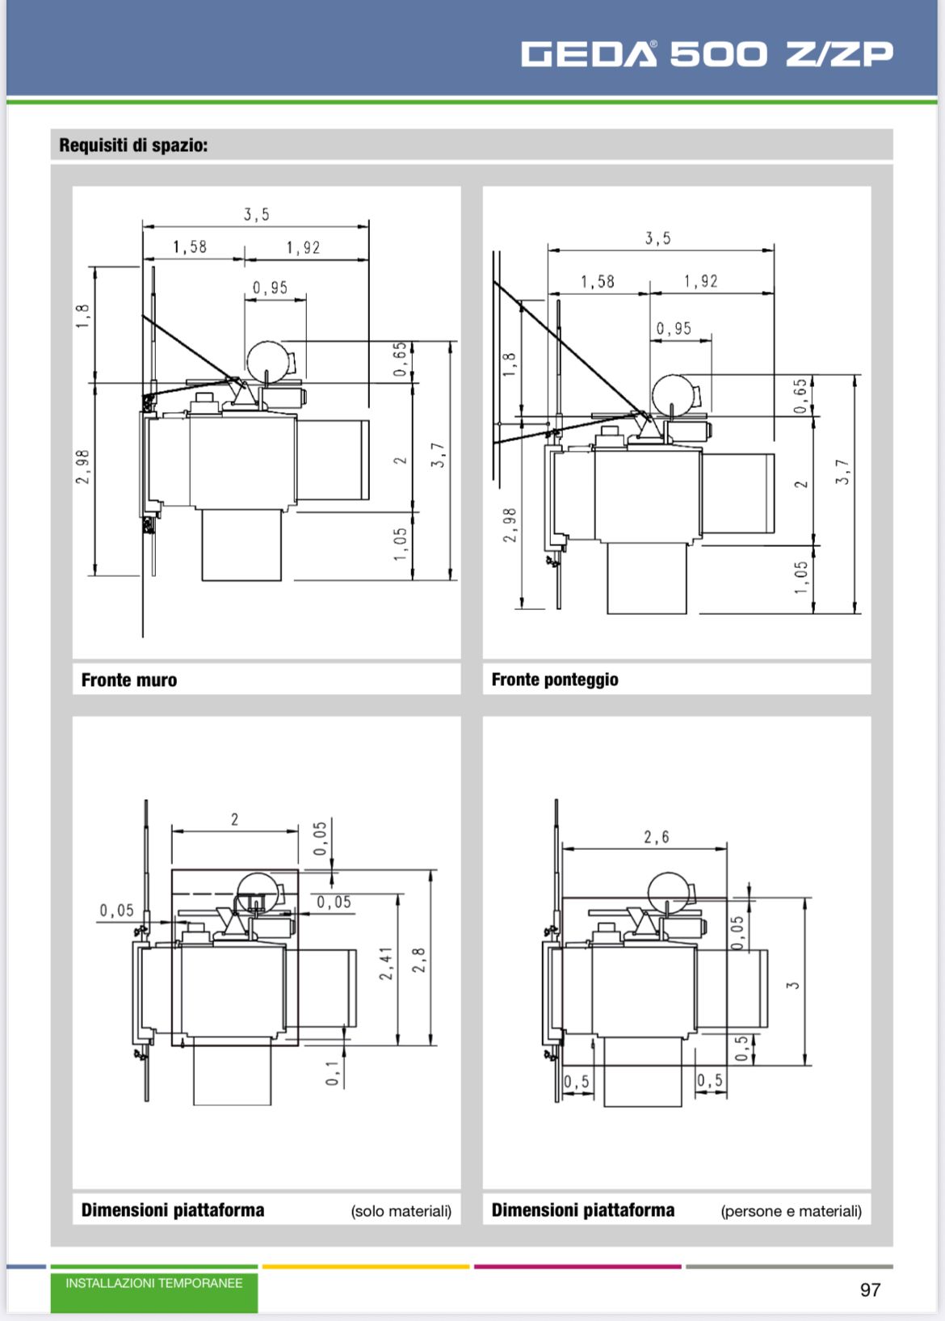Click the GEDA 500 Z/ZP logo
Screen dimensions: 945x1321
click(x=707, y=53)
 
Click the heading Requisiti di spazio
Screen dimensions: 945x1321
click(x=133, y=145)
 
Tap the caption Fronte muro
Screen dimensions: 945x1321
click(x=129, y=680)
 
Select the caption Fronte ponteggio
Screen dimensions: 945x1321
click(x=555, y=680)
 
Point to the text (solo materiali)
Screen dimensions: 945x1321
click(x=401, y=1211)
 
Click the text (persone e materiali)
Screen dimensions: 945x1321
click(x=792, y=1211)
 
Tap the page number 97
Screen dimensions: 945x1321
click(x=870, y=1289)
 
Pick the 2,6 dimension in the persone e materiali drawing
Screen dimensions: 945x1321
click(x=656, y=837)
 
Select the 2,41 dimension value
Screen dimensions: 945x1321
click(x=385, y=964)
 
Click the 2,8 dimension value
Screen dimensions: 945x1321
click(x=418, y=961)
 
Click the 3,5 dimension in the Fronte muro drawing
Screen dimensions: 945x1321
click(x=256, y=215)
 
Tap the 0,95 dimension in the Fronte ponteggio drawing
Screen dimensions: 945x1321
click(x=674, y=329)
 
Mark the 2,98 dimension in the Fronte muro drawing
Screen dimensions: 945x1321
click(x=82, y=467)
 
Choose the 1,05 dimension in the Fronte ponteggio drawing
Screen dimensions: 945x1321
click(x=800, y=578)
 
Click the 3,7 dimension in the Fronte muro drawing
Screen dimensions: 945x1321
click(x=438, y=455)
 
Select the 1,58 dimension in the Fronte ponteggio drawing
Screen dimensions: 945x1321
click(x=597, y=282)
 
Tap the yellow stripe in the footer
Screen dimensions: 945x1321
click(x=366, y=1266)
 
